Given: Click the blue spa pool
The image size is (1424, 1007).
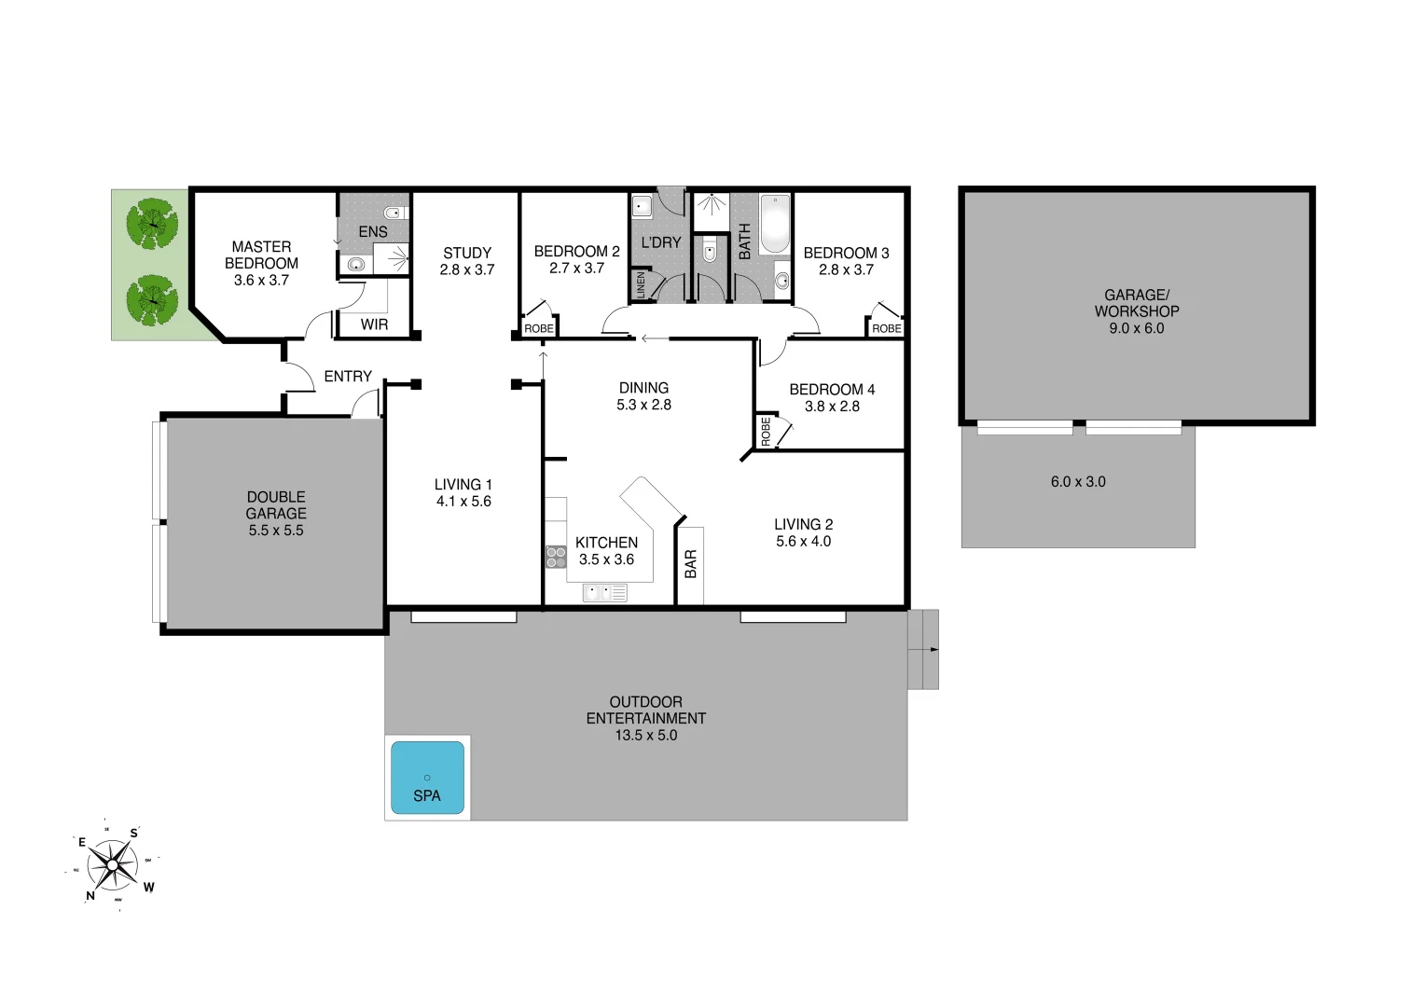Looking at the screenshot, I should (x=427, y=777).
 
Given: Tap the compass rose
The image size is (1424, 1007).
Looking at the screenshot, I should (x=113, y=866).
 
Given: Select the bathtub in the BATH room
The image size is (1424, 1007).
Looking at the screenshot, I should (x=774, y=224).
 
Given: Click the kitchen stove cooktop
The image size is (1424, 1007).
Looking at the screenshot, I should (x=556, y=557).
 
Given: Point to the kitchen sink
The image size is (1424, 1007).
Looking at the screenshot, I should (x=604, y=592).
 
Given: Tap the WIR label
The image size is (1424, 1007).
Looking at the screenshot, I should (x=374, y=324).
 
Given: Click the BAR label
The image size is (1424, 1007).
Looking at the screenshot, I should (x=691, y=564).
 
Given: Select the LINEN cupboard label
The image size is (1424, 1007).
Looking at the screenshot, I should (x=641, y=285).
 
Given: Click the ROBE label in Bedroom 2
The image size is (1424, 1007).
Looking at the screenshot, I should (x=538, y=328).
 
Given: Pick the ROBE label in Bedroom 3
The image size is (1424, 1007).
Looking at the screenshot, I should (x=886, y=328).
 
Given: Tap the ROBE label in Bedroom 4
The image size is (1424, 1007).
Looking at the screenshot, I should (x=766, y=431).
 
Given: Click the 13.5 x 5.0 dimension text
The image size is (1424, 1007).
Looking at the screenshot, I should (x=645, y=735).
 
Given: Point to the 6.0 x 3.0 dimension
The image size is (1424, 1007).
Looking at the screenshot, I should (x=1078, y=482).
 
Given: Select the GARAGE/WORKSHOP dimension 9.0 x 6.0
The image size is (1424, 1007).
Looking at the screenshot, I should (x=1136, y=328).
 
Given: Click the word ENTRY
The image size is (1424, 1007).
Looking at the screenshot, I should (x=348, y=377).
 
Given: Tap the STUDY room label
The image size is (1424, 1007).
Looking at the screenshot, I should (x=467, y=253).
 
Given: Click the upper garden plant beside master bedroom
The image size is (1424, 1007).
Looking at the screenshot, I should (x=152, y=224).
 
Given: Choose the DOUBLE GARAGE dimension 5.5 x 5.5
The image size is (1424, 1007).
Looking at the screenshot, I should (x=276, y=531).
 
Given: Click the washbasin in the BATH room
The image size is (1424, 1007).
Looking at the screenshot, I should (x=781, y=279).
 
